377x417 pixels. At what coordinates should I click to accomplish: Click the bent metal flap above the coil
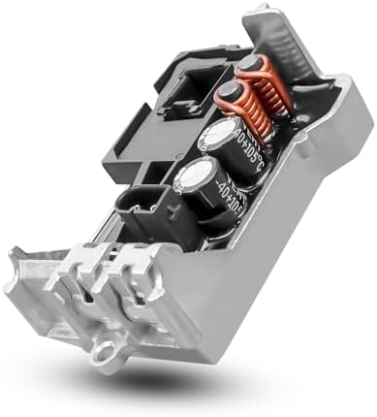[296, 39]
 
